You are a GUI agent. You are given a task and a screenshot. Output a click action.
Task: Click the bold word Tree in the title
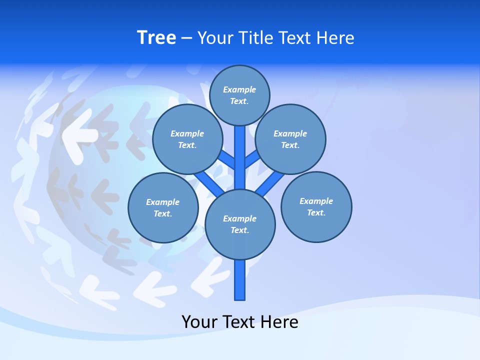coord(156,37)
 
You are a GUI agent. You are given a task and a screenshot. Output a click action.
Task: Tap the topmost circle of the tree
coord(239,95)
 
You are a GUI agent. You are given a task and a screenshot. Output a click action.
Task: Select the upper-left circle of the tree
coord(187,139)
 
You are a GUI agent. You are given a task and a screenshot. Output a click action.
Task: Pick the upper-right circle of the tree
coord(290,139)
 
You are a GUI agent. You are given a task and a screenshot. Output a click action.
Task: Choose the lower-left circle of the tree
coord(163,207)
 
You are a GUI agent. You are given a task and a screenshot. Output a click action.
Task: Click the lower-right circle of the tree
coord(316,206)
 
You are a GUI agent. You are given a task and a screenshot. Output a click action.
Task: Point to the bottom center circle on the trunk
coord(240,224)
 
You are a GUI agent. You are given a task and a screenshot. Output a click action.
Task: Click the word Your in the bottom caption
coord(200,322)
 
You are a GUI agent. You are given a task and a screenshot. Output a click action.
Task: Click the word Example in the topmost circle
coord(239,89)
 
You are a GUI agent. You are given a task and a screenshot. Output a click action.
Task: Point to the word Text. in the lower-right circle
coord(316,212)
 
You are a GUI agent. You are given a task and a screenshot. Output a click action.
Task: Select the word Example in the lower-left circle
coord(163,202)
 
